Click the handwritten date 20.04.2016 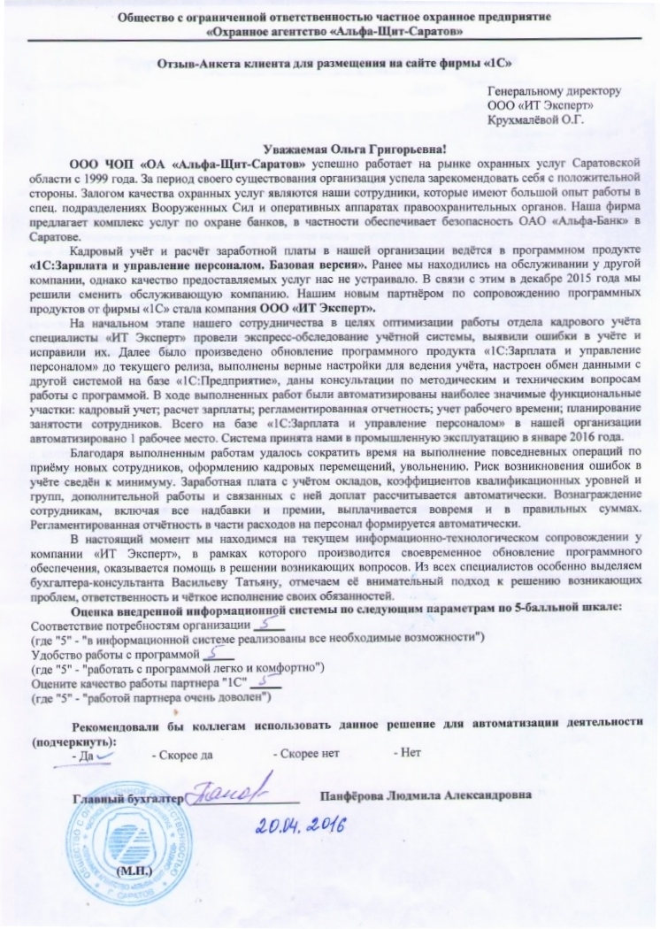300,825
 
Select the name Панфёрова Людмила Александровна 426,795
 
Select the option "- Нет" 407,756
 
